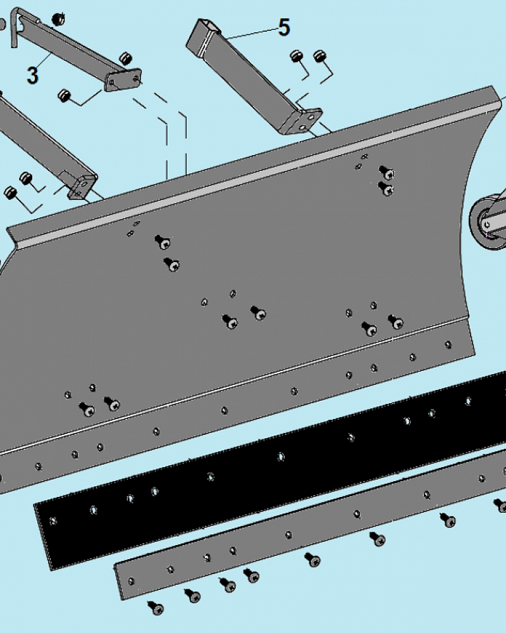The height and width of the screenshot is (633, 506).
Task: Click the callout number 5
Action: tap(284, 27)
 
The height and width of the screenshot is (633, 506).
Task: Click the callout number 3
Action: tap(33, 75)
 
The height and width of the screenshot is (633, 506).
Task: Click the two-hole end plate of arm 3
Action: tap(123, 80)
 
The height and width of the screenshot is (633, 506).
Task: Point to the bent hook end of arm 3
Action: tap(15, 26)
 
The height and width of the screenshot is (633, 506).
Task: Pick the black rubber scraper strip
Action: tap(270, 471)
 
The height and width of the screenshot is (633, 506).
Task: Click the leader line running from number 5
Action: tap(251, 33)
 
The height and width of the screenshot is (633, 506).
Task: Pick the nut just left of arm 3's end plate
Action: tap(64, 96)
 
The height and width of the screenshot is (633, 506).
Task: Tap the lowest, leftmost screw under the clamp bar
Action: tap(156, 607)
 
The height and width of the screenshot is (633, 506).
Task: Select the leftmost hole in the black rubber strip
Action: tap(53, 521)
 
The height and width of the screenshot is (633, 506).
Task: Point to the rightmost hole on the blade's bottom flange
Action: tap(448, 345)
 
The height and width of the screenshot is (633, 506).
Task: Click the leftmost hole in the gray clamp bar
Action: tap(131, 581)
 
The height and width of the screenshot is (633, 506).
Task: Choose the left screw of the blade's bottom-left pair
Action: tap(87, 410)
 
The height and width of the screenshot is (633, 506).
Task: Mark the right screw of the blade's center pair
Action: tap(258, 313)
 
